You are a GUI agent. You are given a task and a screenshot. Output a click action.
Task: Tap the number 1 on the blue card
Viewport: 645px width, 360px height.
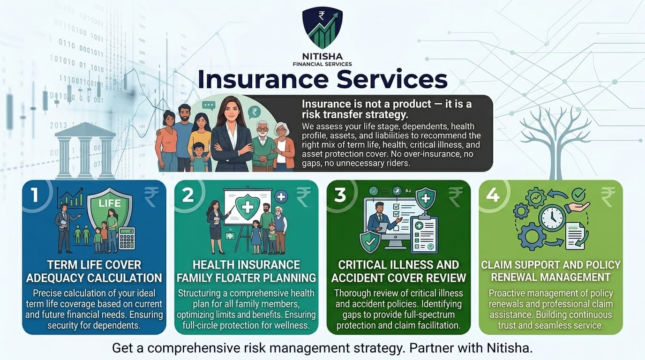click(34, 195)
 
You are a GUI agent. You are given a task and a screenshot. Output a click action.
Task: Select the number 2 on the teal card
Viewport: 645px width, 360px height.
click(187, 195)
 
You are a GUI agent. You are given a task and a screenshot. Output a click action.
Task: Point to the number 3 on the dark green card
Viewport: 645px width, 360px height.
click(340, 195)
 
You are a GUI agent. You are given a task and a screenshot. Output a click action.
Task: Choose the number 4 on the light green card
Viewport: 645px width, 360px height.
click(492, 195)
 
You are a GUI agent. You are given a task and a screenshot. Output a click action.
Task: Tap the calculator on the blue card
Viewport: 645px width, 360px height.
click(127, 238)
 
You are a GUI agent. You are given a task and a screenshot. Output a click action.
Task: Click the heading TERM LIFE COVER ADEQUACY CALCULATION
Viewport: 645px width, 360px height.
click(94, 271)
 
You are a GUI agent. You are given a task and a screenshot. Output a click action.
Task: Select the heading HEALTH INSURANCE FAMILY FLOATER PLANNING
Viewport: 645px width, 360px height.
click(246, 271)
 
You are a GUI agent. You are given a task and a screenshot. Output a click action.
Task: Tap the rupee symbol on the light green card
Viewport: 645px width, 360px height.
click(608, 197)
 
